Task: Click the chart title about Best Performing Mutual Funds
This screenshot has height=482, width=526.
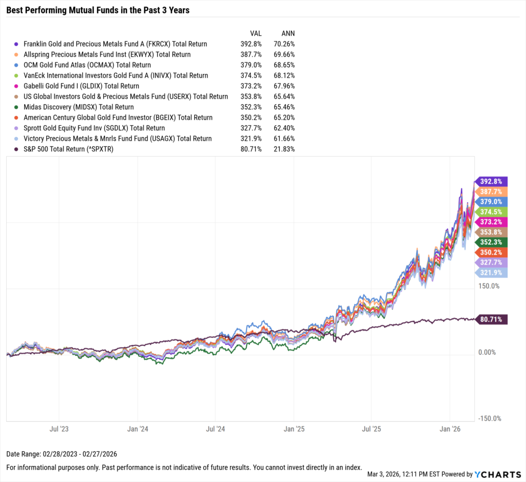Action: tap(98, 10)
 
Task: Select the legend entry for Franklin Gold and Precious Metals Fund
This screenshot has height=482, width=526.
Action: tap(115, 44)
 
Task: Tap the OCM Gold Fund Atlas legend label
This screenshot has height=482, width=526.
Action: tap(87, 65)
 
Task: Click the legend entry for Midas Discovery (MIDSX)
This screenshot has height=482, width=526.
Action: tap(79, 107)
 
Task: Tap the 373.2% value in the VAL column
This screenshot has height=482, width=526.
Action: tap(252, 86)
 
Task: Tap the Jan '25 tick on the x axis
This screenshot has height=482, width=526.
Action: tap(294, 428)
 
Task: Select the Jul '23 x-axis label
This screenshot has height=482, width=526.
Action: tap(59, 428)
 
